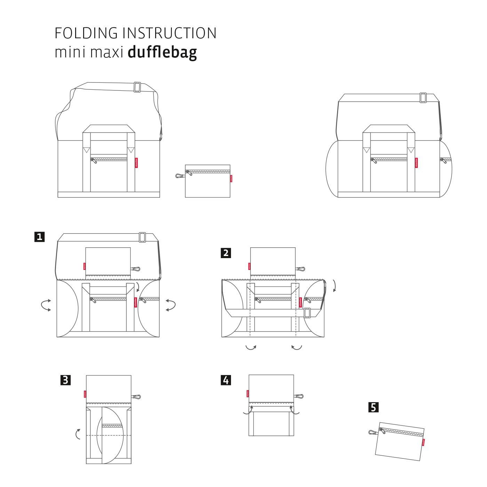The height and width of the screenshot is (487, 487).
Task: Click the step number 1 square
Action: pyautogui.click(x=40, y=237)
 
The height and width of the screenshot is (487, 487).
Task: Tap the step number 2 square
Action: pyautogui.click(x=226, y=253)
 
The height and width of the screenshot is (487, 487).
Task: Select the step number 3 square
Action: pyautogui.click(x=65, y=380)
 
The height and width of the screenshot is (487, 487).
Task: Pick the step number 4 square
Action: pyautogui.click(x=226, y=380)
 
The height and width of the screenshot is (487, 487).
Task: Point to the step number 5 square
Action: pyautogui.click(x=373, y=407)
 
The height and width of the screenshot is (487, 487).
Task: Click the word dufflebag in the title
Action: pyautogui.click(x=162, y=53)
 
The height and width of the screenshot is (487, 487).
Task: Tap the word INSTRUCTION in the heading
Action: pyautogui.click(x=169, y=33)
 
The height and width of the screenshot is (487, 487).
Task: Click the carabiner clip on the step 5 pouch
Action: pyautogui.click(x=373, y=432)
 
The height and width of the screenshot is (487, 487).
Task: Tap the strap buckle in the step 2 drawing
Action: pyautogui.click(x=307, y=313)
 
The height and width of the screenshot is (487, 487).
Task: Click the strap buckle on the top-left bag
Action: pyautogui.click(x=137, y=87)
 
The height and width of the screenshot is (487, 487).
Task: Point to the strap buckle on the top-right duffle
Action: pyautogui.click(x=423, y=98)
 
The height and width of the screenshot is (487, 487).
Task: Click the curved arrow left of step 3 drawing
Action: pyautogui.click(x=78, y=434)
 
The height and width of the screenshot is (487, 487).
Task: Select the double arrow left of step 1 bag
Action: pyautogui.click(x=46, y=305)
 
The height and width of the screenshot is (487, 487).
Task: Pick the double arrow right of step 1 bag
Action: pyautogui.click(x=170, y=305)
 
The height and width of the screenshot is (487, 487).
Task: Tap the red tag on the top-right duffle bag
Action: pyautogui.click(x=416, y=163)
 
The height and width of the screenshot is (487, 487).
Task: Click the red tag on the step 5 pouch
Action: pyautogui.click(x=423, y=442)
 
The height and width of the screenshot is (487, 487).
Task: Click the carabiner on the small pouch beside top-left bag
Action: pyautogui.click(x=180, y=176)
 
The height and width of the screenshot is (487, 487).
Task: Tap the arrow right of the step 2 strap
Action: pyautogui.click(x=335, y=285)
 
